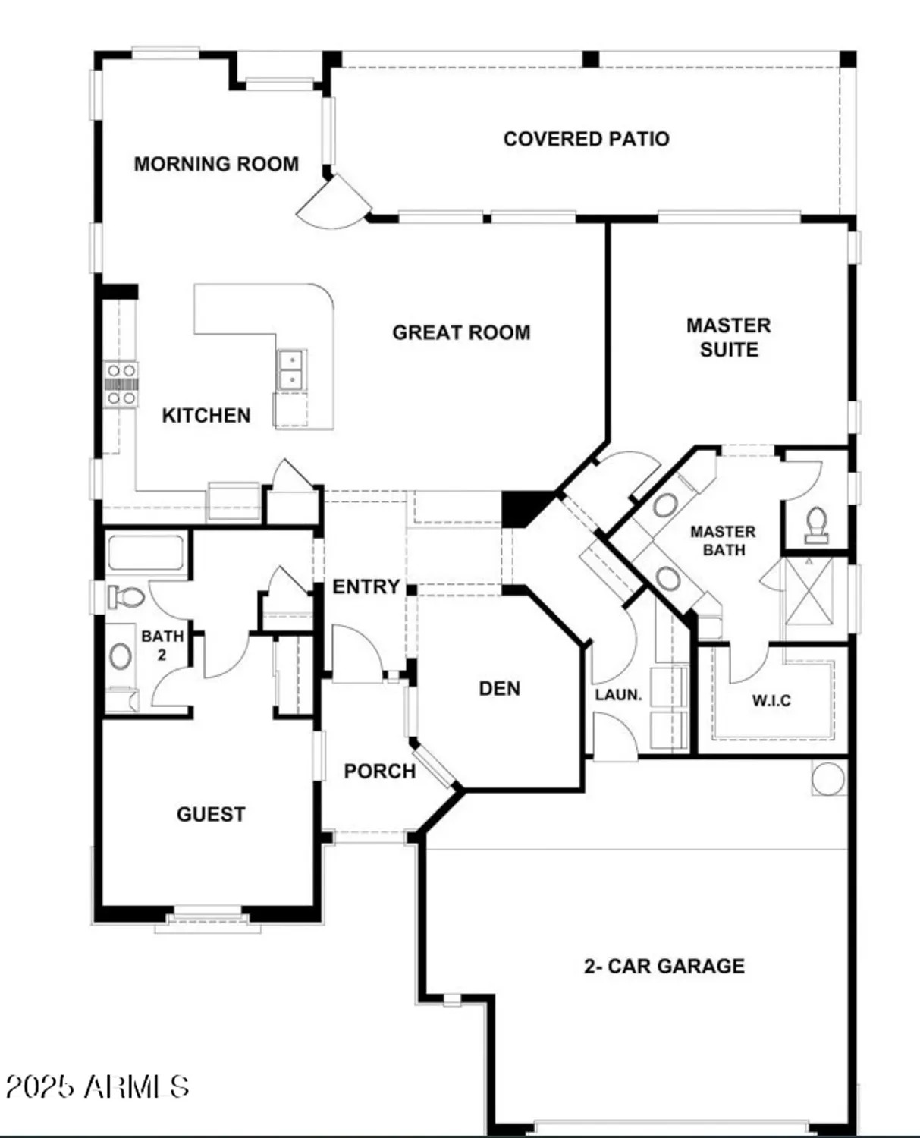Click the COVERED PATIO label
click(x=586, y=139)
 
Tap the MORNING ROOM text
click(x=216, y=164)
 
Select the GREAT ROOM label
click(x=461, y=332)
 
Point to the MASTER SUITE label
click(x=728, y=338)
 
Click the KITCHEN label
click(x=206, y=416)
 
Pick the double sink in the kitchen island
click(x=291, y=369)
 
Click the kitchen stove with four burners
click(x=121, y=384)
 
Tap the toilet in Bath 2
click(x=125, y=596)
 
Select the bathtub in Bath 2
click(x=146, y=552)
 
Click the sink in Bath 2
click(x=121, y=656)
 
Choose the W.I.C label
click(x=771, y=700)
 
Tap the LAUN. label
click(x=618, y=695)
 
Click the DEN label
click(x=499, y=689)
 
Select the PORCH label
click(x=380, y=772)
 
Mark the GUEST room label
click(x=211, y=815)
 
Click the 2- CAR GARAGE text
click(x=664, y=967)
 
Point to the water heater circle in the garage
click(x=827, y=778)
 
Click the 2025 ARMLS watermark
click(x=97, y=1086)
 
